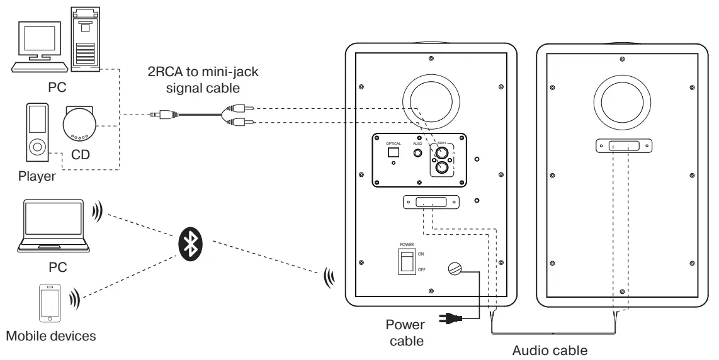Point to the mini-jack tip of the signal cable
[154, 115]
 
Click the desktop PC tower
[85, 37]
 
